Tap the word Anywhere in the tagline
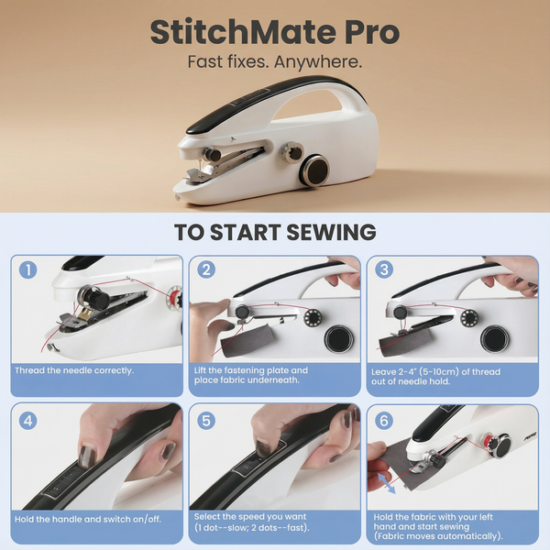click(x=318, y=62)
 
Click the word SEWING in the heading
click(x=332, y=232)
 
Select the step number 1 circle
click(x=28, y=270)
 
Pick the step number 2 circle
click(x=206, y=269)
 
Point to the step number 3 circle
click(x=384, y=269)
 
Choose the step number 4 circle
click(x=28, y=421)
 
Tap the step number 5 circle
click(x=206, y=421)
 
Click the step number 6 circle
click(x=384, y=421)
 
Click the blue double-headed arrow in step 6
click(x=386, y=483)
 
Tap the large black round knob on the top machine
click(x=314, y=170)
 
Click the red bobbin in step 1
click(x=174, y=298)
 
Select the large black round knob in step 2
click(x=338, y=339)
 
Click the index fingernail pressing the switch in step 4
click(x=87, y=456)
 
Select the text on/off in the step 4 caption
click(x=147, y=519)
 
